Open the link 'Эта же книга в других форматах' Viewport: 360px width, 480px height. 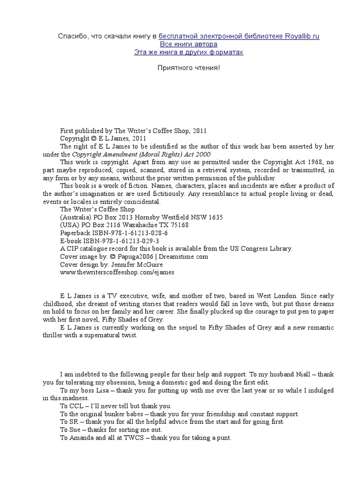click(188, 52)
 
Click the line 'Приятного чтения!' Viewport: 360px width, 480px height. click(188, 68)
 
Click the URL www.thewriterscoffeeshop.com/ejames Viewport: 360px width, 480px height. click(117, 271)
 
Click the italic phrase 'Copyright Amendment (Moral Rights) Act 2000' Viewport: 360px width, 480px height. click(141, 154)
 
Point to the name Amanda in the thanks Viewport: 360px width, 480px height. click(82, 437)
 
